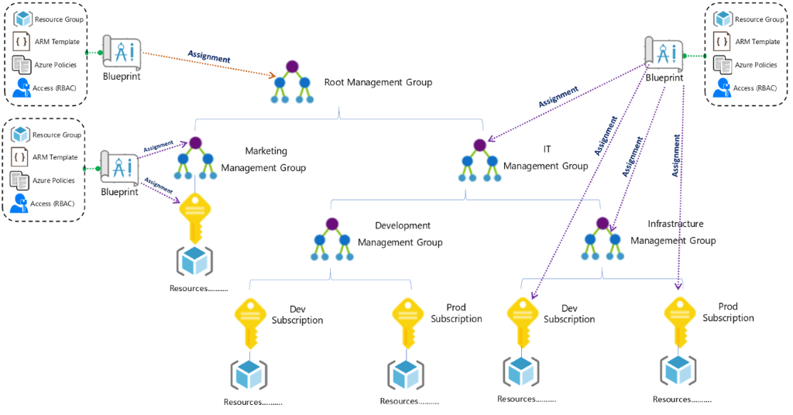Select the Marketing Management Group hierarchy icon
194,159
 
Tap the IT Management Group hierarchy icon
479,160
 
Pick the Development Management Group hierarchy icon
332,241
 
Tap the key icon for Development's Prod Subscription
407,318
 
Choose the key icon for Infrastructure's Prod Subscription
679,318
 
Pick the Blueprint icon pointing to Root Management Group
120,53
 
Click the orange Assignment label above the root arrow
209,56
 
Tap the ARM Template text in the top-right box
757,42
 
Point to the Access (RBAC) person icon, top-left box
21,88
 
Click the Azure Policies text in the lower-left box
53,180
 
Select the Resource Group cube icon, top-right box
721,19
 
